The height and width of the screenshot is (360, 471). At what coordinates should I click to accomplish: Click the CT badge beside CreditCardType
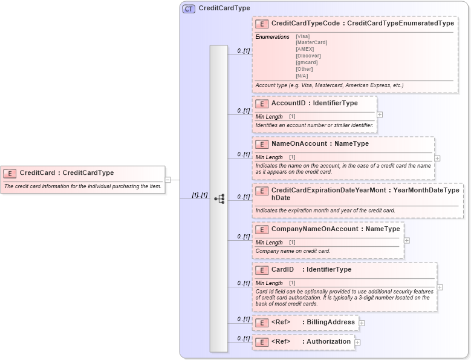(189, 8)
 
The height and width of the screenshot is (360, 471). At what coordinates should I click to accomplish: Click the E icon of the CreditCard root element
(10, 173)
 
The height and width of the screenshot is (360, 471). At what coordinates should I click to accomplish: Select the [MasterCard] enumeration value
(311, 42)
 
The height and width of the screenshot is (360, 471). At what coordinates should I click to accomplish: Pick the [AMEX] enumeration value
(305, 49)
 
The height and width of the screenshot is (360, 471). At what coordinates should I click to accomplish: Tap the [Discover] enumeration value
(308, 56)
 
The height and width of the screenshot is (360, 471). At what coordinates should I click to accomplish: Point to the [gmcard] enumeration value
(307, 62)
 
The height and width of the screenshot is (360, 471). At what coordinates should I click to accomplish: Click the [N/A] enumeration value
(302, 76)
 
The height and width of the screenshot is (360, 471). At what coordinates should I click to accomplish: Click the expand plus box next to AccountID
(380, 114)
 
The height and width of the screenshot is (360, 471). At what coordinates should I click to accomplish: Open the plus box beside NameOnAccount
(437, 158)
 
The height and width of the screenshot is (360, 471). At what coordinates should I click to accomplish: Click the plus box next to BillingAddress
(362, 323)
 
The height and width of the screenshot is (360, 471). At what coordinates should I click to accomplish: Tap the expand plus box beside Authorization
(357, 342)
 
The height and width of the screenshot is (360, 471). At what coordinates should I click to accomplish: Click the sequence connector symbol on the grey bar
(219, 198)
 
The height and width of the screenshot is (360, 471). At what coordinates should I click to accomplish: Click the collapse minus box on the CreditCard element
(168, 179)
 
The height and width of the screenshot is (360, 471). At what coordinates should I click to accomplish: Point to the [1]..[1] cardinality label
(200, 195)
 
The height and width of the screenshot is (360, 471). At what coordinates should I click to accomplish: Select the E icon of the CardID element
(262, 270)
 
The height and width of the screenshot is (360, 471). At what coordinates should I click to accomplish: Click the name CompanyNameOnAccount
(314, 229)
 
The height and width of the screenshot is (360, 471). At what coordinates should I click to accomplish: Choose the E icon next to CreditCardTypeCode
(262, 24)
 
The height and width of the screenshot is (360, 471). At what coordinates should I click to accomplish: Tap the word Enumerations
(272, 37)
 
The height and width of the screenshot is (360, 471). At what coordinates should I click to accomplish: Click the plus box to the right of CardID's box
(440, 287)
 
